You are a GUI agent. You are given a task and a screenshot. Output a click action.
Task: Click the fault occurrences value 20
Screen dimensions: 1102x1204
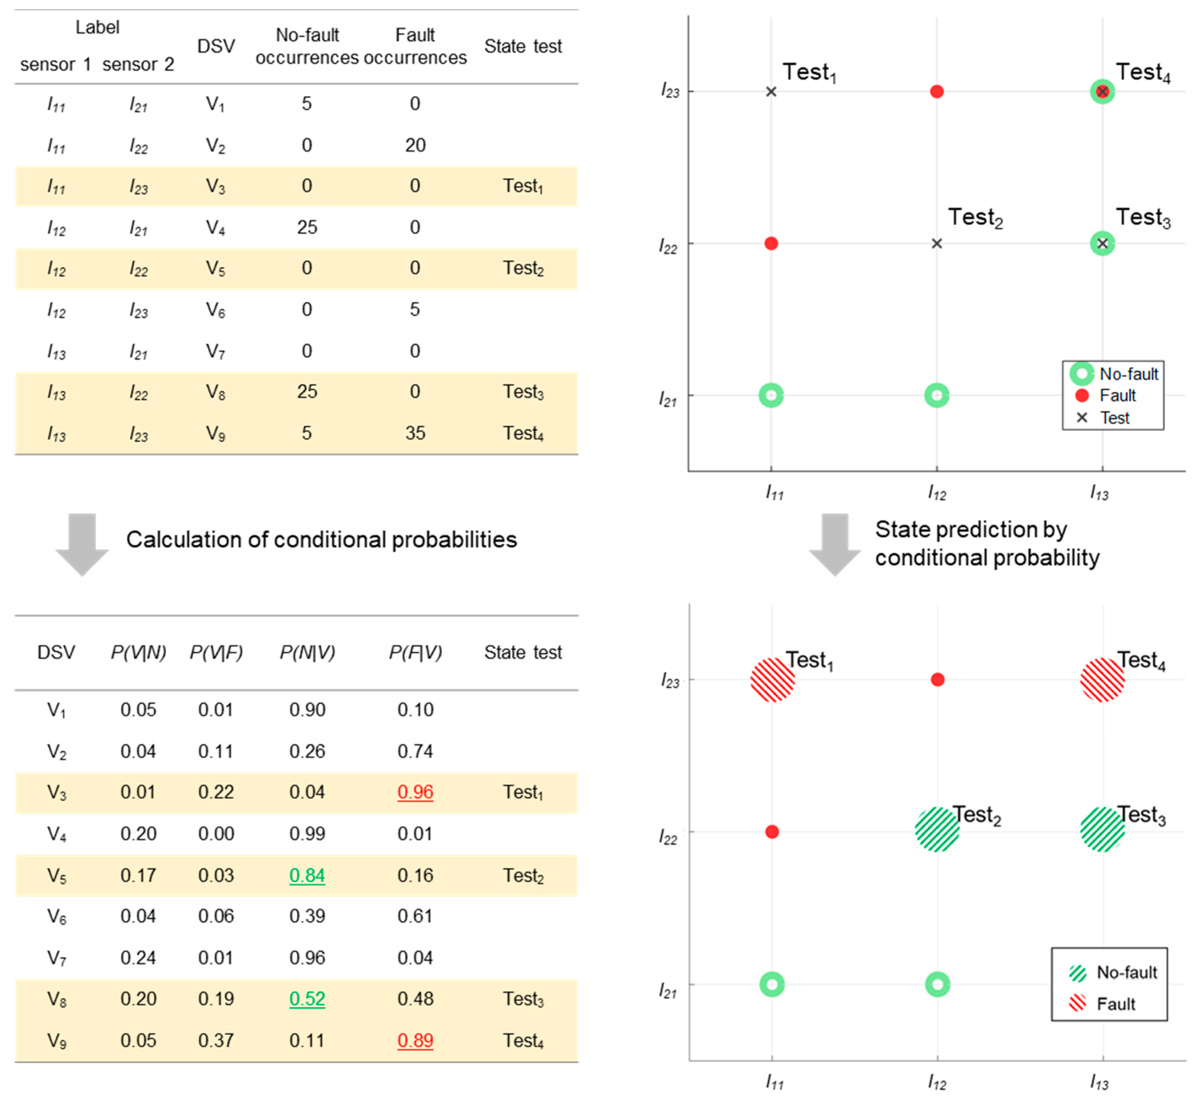point(415,145)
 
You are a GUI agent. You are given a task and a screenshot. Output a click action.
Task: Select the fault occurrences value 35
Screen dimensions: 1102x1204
point(415,433)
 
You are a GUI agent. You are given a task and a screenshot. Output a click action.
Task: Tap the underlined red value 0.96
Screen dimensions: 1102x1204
point(415,792)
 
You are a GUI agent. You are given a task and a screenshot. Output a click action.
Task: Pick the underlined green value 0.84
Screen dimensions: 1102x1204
point(307,875)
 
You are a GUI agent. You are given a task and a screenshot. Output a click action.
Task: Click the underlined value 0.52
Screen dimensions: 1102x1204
point(307,999)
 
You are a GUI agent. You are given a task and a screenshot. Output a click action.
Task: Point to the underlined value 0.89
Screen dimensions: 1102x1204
point(415,1041)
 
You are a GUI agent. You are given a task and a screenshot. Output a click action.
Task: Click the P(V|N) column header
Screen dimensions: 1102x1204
point(138,652)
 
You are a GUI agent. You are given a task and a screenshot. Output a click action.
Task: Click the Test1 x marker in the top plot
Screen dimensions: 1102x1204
point(771,91)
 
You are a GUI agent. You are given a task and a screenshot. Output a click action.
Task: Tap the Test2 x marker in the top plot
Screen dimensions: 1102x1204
point(936,244)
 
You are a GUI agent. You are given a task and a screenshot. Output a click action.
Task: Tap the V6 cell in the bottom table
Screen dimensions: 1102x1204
point(57,917)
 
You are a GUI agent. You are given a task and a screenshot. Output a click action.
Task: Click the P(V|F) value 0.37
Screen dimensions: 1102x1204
point(216,1041)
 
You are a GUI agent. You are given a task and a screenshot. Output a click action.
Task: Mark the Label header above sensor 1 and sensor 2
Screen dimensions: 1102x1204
point(97,27)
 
